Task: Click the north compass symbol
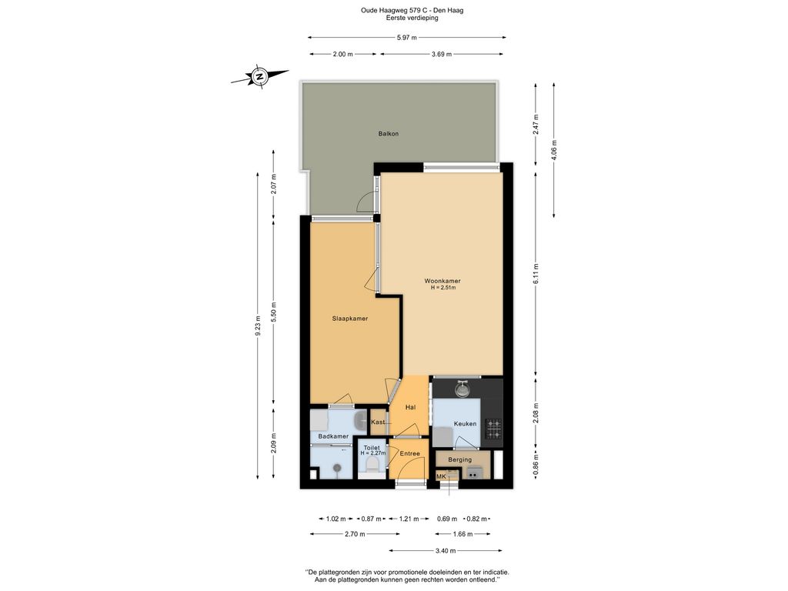pos(260,77)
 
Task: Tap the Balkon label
pos(389,134)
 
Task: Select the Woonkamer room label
pos(442,281)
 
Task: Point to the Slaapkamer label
pos(349,318)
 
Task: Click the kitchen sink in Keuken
pos(462,389)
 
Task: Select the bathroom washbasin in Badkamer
pos(361,420)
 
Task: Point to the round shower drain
pos(336,466)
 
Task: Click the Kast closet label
pos(378,422)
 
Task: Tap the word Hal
pos(410,407)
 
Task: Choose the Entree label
pos(409,453)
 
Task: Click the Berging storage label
pos(460,459)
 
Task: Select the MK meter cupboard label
pos(441,476)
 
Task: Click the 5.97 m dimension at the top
pos(406,37)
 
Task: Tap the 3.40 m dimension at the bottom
pos(445,551)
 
